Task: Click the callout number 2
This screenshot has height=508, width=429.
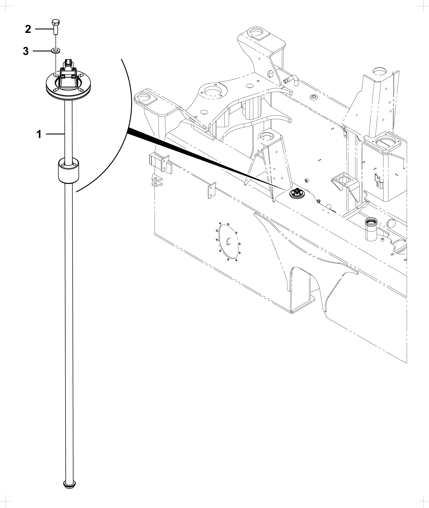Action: (28, 29)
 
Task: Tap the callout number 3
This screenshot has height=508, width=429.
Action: (26, 51)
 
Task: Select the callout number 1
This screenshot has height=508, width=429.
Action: (39, 134)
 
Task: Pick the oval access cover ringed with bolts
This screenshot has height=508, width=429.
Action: (228, 241)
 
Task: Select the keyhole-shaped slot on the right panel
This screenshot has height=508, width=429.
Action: (378, 180)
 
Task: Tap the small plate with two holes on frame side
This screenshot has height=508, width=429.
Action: (212, 190)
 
